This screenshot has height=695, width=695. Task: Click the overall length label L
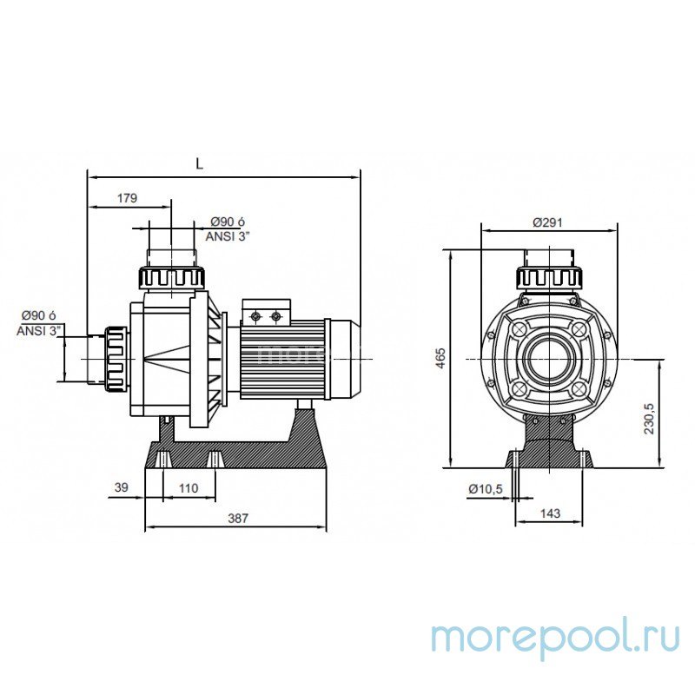pos(199,163)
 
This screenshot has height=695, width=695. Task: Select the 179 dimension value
pos(127,198)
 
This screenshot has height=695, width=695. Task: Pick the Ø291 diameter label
pos(547,222)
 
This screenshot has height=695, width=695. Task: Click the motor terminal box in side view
pos(265,315)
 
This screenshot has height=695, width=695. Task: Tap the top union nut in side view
pos(172,278)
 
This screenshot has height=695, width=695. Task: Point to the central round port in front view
pos(548,359)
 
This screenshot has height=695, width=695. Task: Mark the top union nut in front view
pos(548,278)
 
